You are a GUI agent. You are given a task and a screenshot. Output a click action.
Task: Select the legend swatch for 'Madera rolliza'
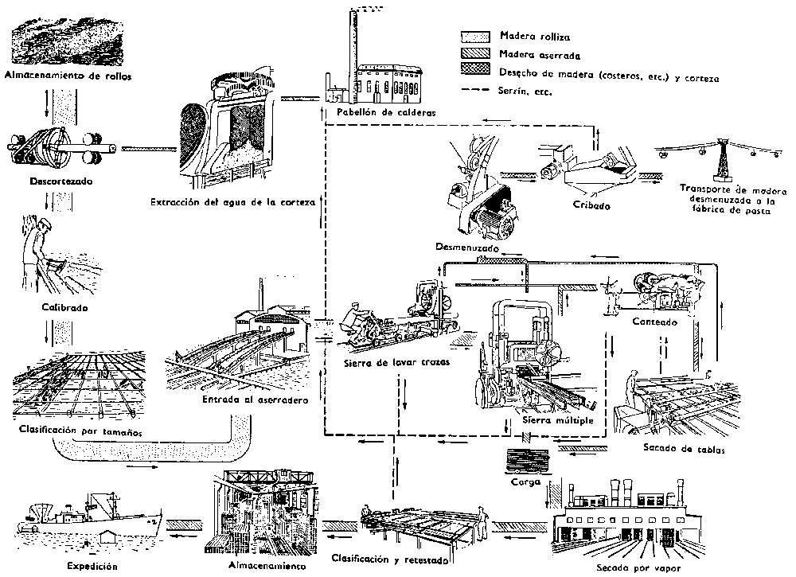475,36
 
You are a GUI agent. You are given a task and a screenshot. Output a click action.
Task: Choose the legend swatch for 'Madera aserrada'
475,56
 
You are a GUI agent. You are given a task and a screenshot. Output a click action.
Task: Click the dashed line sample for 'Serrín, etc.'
475,92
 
